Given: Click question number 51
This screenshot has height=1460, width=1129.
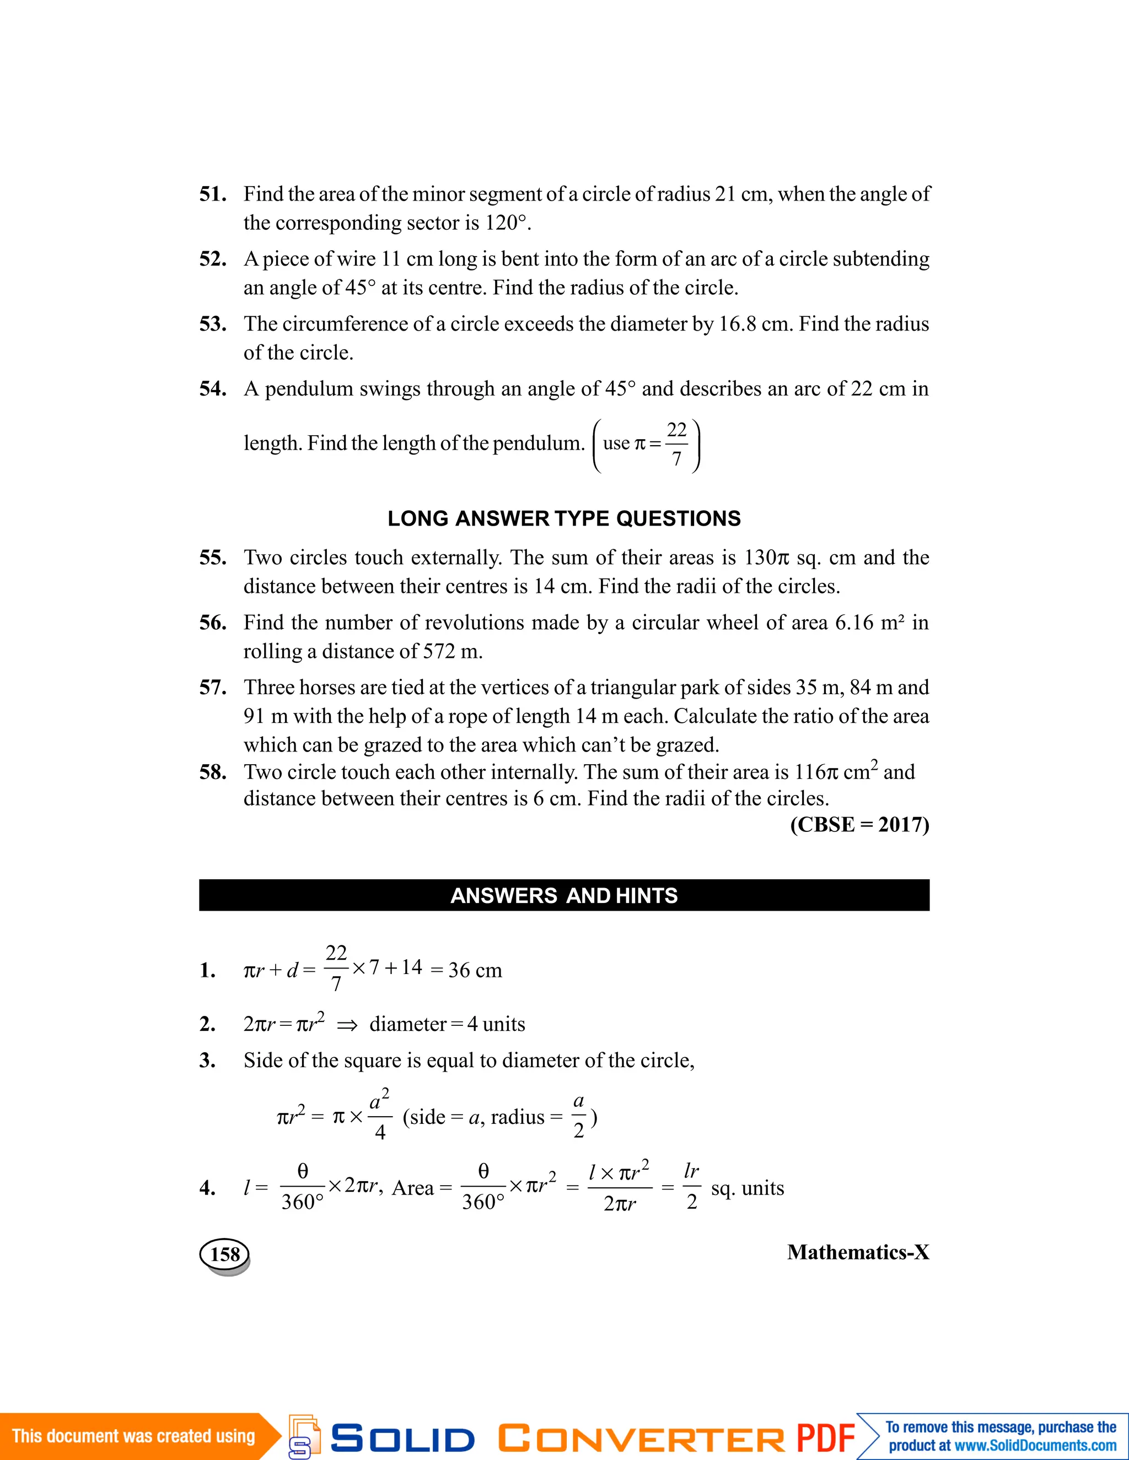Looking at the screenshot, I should [212, 194].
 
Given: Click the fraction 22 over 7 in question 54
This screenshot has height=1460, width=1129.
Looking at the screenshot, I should [677, 444].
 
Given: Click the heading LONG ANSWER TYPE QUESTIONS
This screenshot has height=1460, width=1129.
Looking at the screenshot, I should [564, 519].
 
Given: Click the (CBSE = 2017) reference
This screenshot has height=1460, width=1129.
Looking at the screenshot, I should [859, 825].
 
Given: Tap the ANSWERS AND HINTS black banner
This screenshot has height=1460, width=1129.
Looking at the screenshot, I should [564, 895].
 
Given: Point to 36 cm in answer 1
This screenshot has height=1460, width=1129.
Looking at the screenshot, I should [475, 971].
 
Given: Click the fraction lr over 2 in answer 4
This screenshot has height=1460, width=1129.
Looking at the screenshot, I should [692, 1188].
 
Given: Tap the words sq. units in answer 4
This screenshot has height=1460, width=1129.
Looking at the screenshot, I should [747, 1188].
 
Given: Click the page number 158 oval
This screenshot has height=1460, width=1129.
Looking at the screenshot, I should [225, 1254].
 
